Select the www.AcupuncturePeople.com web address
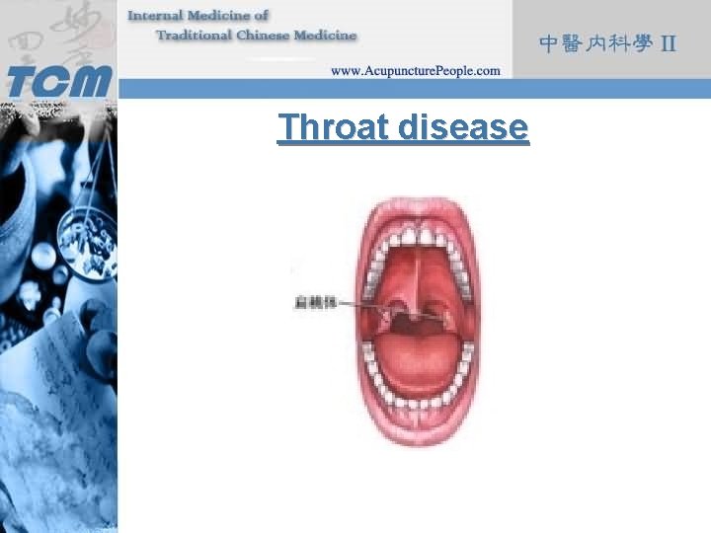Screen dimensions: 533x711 coord(415,70)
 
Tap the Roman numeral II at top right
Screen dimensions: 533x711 coord(669,43)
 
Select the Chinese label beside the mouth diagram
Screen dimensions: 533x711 coord(314,303)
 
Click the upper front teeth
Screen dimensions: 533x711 coord(419,238)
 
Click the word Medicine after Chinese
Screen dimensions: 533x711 coord(327,36)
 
